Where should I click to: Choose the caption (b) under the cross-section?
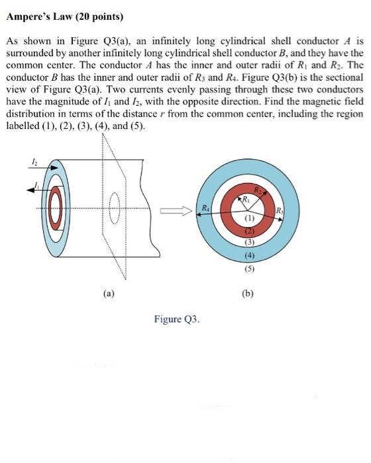[x=250, y=292]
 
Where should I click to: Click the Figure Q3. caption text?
[x=176, y=319]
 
